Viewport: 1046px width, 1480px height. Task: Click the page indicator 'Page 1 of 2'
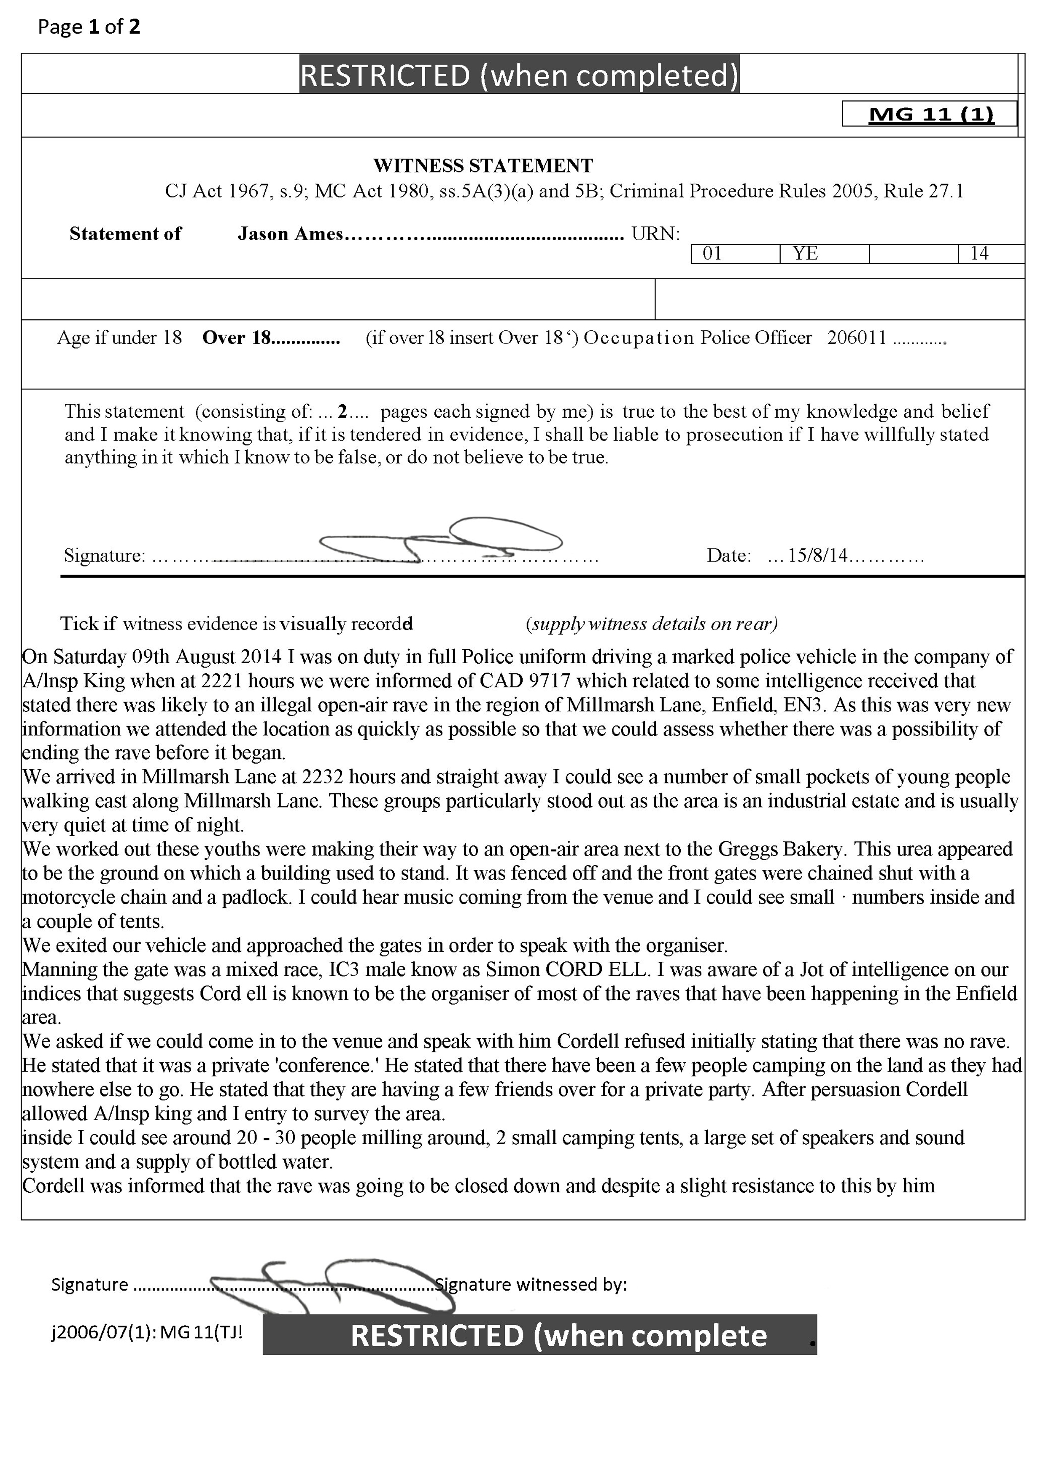pos(88,27)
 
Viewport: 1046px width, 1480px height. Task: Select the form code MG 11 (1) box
pos(930,114)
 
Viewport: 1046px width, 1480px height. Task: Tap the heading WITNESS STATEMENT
pos(483,166)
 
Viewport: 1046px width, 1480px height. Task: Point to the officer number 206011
pos(857,338)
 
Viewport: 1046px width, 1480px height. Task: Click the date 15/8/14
pos(817,556)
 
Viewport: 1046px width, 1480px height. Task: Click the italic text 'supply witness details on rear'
pos(652,624)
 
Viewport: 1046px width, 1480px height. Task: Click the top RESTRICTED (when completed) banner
pos(519,75)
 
